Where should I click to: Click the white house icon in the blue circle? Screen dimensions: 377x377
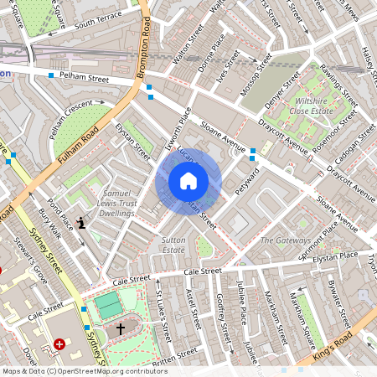188,181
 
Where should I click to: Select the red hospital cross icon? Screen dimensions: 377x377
59,344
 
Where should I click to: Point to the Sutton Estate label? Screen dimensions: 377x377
173,245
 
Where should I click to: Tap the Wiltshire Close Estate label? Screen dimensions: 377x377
312,101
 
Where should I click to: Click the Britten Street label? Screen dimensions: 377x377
175,359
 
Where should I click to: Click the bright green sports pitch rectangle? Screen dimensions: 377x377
106,305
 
